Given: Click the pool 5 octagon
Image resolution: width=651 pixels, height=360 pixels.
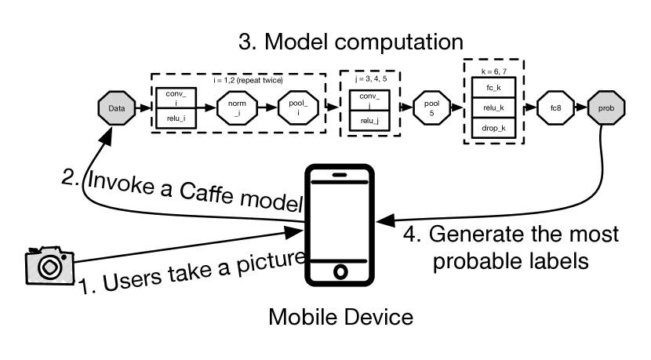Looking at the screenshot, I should pos(429,108).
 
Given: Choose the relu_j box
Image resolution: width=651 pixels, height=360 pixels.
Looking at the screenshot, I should pos(369,122).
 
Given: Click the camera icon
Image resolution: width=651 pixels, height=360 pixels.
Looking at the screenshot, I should pos(49,266).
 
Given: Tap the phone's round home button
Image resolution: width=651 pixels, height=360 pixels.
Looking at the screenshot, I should pos(340,272).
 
